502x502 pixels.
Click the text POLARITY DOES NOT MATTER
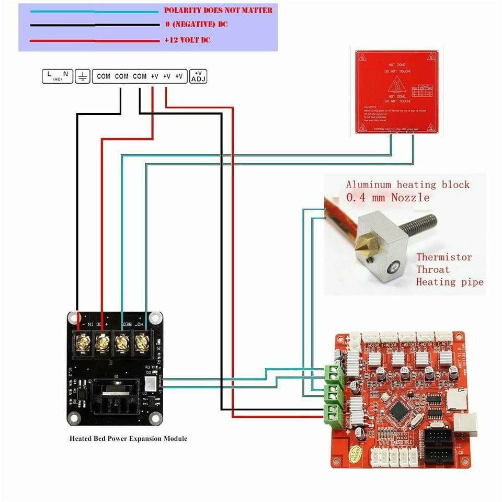pos(218,10)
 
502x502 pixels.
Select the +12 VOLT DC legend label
pos(187,40)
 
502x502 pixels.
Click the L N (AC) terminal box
pos(57,76)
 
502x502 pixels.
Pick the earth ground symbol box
pos(82,76)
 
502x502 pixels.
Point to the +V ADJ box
pos(199,76)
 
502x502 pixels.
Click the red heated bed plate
pos(396,92)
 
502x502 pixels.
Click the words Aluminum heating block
pos(407,185)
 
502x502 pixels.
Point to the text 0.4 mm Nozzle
pos(387,198)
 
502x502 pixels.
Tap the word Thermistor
pos(443,257)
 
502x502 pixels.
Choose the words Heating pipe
pos(449,282)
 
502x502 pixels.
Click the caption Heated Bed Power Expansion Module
pos(128,438)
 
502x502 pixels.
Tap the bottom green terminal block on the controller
pos(332,413)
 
